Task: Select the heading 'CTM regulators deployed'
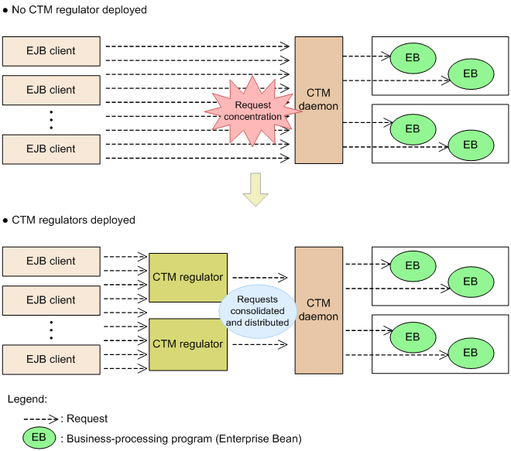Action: coord(74,220)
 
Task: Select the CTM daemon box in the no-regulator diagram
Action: coord(318,100)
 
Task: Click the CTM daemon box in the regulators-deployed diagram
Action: coord(318,309)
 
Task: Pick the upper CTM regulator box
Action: coord(187,277)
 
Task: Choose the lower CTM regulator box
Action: coord(187,343)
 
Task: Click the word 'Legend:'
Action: coord(27,399)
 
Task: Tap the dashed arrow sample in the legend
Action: coord(42,419)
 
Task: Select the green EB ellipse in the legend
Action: coord(39,439)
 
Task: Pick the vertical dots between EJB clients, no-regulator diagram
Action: coord(51,119)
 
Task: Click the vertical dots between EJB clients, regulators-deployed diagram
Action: coord(51,330)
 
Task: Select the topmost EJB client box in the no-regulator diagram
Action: coord(51,51)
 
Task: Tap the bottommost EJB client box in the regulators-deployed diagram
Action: coord(51,359)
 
